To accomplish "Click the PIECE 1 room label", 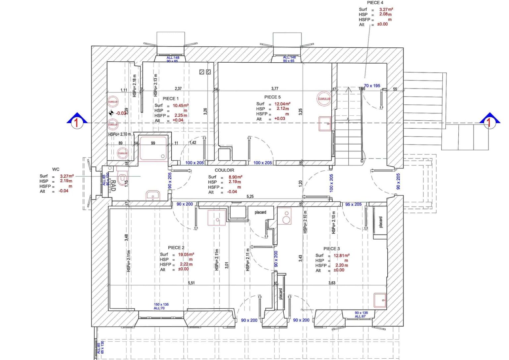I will (x=170, y=98).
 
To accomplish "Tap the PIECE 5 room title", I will (x=272, y=97).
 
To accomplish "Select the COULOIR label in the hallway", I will (x=224, y=170).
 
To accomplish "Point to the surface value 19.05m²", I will (x=186, y=254).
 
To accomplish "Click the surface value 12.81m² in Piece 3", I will (x=341, y=255).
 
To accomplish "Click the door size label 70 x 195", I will (x=372, y=86).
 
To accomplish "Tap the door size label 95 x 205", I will (x=353, y=204).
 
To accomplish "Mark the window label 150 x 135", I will (x=161, y=304).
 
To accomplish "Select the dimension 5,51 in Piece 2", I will (x=191, y=283).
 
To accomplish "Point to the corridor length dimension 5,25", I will (x=250, y=197).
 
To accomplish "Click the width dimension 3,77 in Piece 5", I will (x=275, y=89).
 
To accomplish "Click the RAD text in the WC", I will (x=113, y=186).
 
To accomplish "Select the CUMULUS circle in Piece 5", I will (x=324, y=99).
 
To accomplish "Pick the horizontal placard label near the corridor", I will (x=260, y=212).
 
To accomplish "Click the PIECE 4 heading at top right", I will (x=375, y=3).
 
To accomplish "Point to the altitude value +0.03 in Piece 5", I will (x=279, y=118).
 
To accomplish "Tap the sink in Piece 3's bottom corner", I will (x=380, y=300).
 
